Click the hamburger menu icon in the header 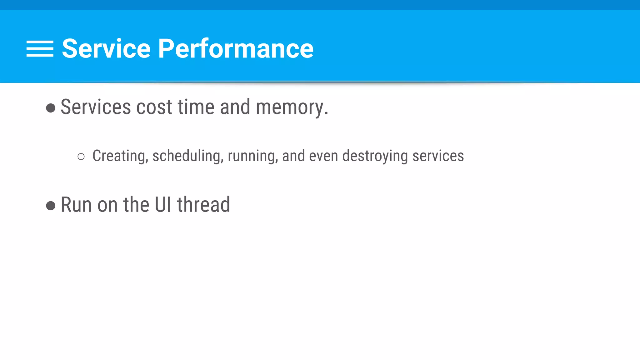(40, 49)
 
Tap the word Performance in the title (236, 49)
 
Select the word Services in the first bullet (95, 107)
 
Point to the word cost (154, 107)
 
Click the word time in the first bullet (196, 107)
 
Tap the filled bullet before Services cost (51, 108)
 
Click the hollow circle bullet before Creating (81, 157)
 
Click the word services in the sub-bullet (438, 156)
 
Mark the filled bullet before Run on (51, 206)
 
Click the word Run (76, 205)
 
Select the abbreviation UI (163, 205)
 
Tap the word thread (203, 205)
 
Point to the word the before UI (137, 205)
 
